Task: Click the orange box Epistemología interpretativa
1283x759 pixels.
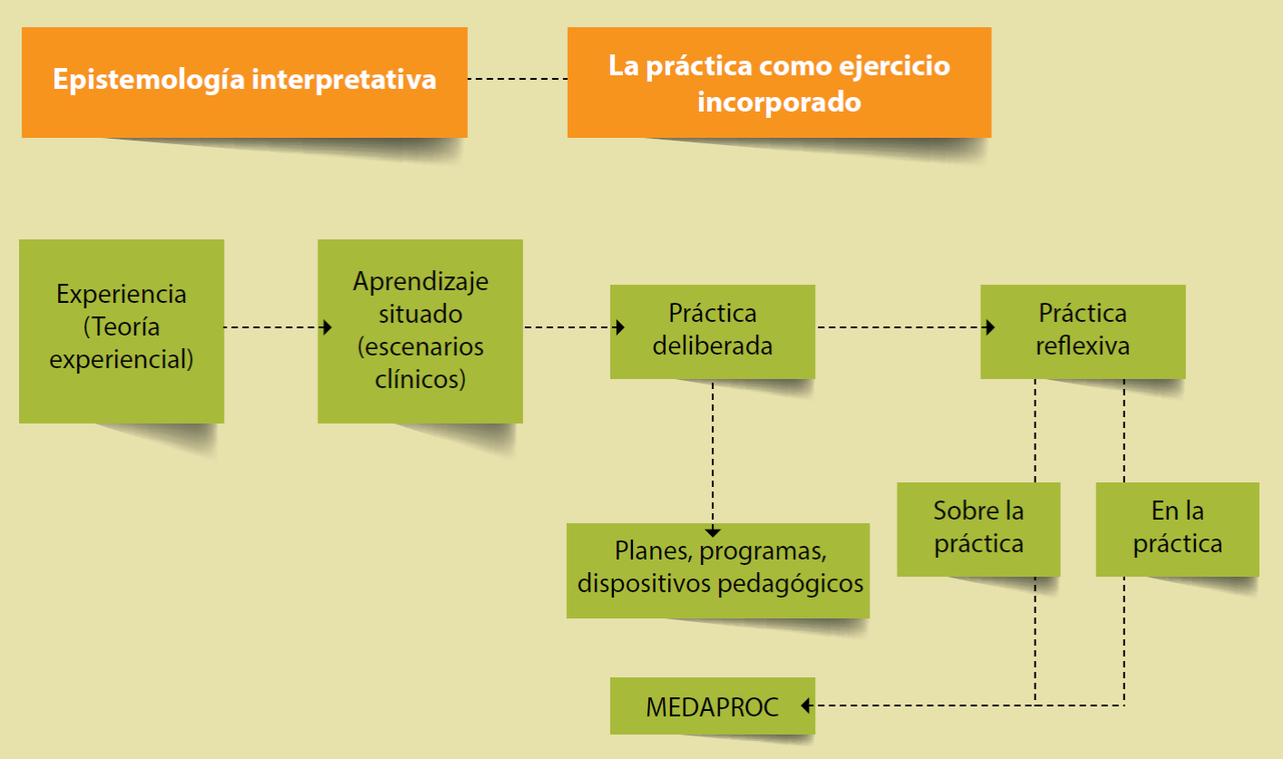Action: pyautogui.click(x=244, y=82)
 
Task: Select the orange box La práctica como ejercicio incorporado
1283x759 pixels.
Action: pyautogui.click(x=779, y=82)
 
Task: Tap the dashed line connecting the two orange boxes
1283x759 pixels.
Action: pyautogui.click(x=517, y=80)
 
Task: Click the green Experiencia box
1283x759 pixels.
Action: pyautogui.click(x=121, y=330)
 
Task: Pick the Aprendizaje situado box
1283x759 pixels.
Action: pyautogui.click(x=420, y=330)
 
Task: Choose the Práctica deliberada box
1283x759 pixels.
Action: pyautogui.click(x=712, y=330)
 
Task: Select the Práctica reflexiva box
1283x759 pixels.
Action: pyautogui.click(x=1083, y=330)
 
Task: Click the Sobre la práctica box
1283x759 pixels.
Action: pyautogui.click(x=978, y=528)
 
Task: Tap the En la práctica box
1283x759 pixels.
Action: pyautogui.click(x=1177, y=528)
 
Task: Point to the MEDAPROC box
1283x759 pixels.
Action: pyautogui.click(x=712, y=705)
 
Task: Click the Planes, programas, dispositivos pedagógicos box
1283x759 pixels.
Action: pyautogui.click(x=718, y=569)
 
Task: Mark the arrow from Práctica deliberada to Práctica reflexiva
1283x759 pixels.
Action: pyautogui.click(x=898, y=327)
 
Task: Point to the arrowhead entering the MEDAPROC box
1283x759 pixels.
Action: pyautogui.click(x=806, y=705)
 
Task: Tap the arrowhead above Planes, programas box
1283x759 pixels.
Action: pyautogui.click(x=713, y=531)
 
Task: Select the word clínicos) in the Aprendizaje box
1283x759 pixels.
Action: pyautogui.click(x=420, y=379)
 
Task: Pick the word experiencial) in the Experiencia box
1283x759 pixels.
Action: pyautogui.click(x=121, y=359)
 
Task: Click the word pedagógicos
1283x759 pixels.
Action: pyautogui.click(x=791, y=582)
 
